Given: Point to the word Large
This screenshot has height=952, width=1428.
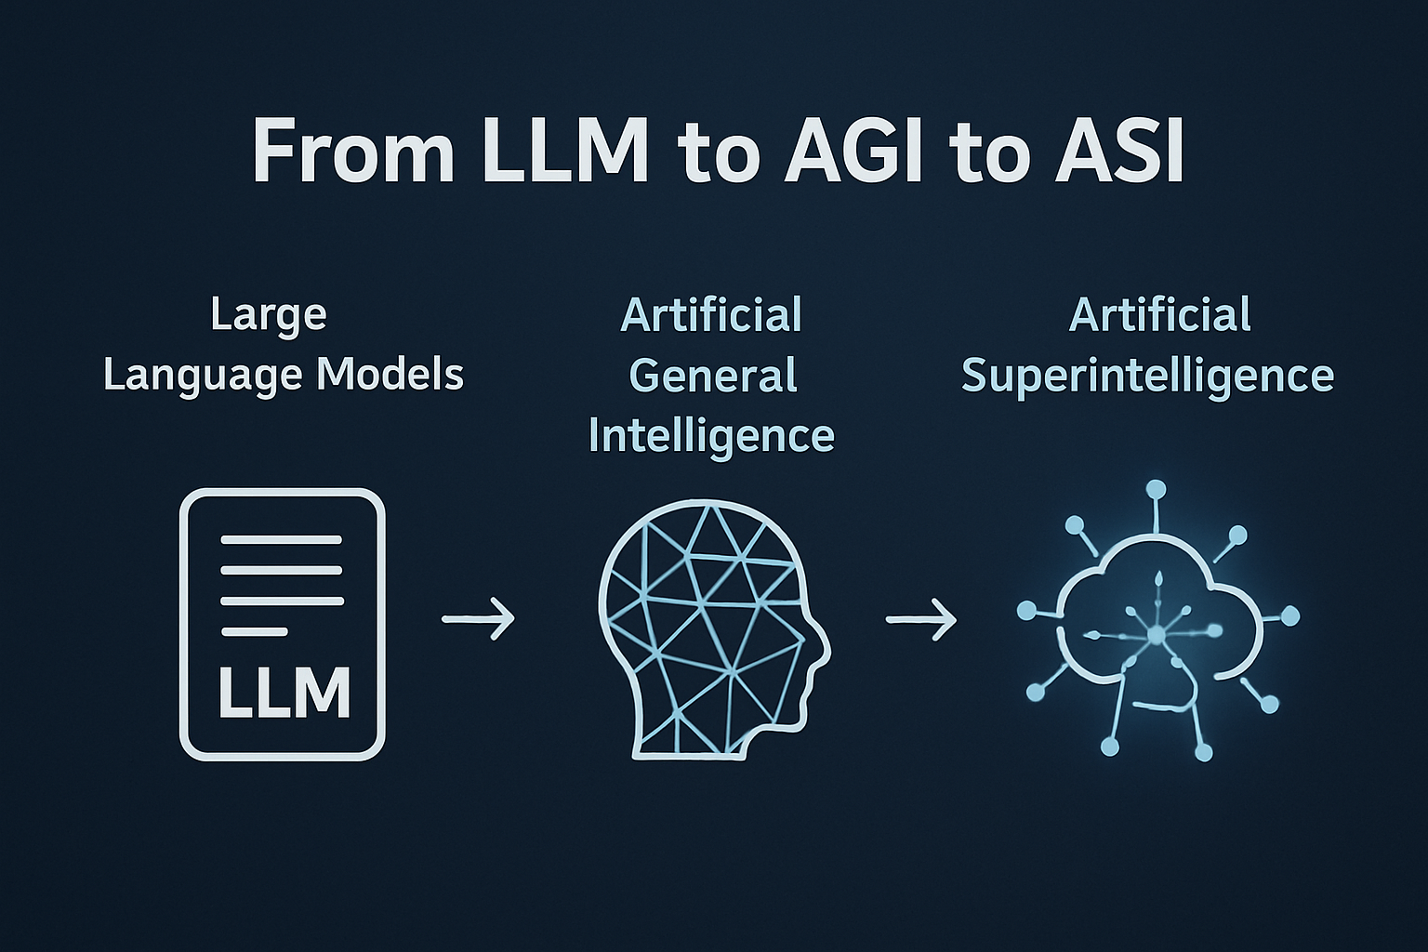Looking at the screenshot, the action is click(269, 315).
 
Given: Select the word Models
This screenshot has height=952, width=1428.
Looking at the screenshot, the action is click(390, 375).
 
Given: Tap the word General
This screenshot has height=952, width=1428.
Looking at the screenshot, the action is click(713, 376).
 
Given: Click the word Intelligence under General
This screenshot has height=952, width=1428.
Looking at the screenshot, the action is click(711, 436).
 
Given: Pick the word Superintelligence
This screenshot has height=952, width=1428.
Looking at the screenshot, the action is click(1147, 376).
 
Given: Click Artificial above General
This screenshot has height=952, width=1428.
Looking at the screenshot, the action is click(711, 315).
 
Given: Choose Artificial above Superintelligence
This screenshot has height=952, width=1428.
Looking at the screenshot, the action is click(1159, 315).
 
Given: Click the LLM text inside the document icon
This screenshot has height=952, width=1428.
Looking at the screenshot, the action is click(284, 693).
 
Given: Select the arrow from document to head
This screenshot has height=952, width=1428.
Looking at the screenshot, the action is click(478, 617).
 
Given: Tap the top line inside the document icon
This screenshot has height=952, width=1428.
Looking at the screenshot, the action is click(281, 540).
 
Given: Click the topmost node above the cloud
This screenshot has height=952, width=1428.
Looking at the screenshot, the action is click(1156, 490).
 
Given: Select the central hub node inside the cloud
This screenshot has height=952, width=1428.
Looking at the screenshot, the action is click(1156, 635).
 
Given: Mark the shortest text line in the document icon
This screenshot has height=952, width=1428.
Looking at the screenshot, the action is click(254, 632).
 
